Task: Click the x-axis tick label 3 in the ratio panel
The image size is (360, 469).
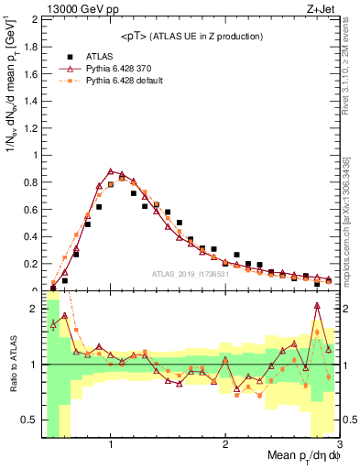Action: pyautogui.click(x=338, y=445)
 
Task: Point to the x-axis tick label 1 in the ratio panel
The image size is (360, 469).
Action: pyautogui.click(x=111, y=445)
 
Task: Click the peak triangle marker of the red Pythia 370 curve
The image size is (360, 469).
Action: pyautogui.click(x=111, y=170)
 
